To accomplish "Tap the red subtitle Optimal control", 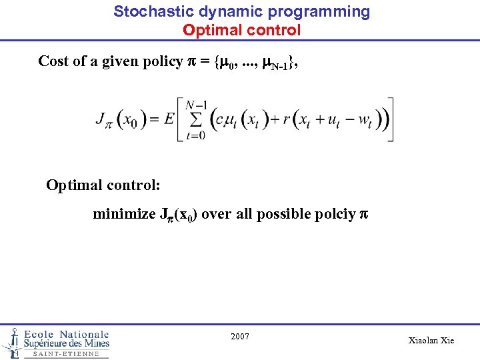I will (241, 30).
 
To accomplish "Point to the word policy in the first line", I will (161, 61).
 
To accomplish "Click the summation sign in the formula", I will (195, 121).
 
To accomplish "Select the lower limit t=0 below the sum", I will (195, 136).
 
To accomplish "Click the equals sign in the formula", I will (153, 121).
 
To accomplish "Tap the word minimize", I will (122, 214).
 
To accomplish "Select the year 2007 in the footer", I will (240, 336).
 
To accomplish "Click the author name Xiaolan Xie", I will (431, 340).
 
